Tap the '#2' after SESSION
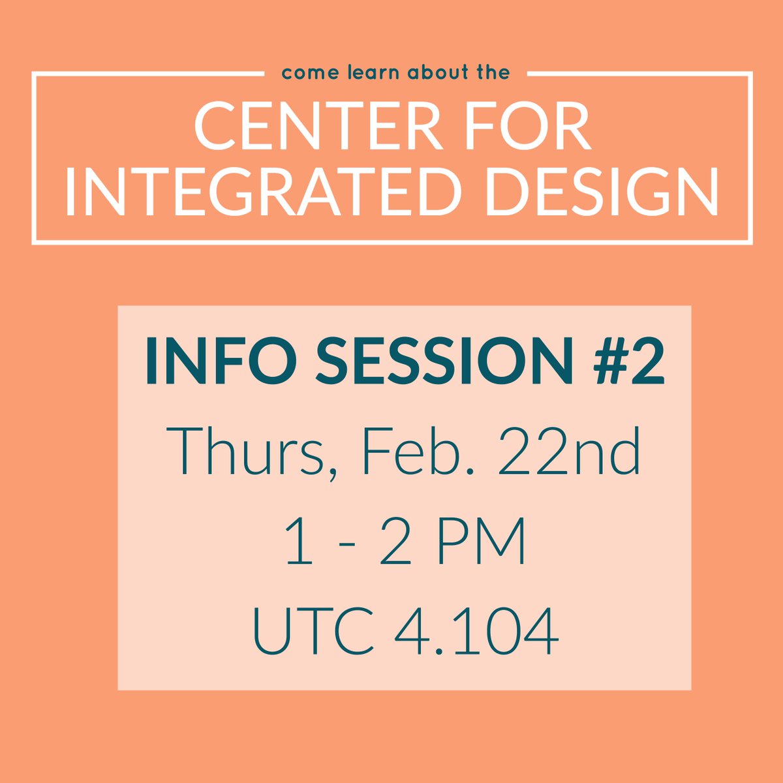623,360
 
